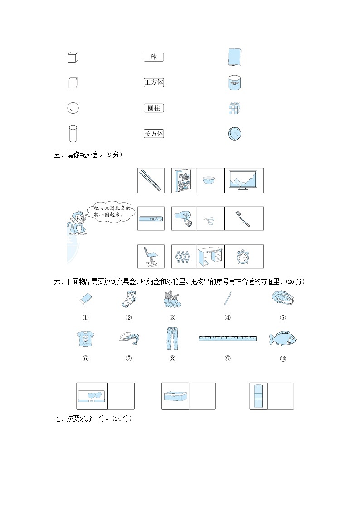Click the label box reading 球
pyautogui.click(x=154, y=57)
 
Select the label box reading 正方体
pyautogui.click(x=154, y=82)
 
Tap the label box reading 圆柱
pyautogui.click(x=154, y=108)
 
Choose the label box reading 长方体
pyautogui.click(x=154, y=134)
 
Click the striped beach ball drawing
pyautogui.click(x=234, y=134)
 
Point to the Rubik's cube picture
pyautogui.click(x=234, y=108)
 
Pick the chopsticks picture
pyautogui.click(x=151, y=180)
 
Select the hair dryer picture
pyautogui.click(x=184, y=218)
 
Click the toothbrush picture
pyautogui.click(x=244, y=218)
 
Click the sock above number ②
pyautogui.click(x=128, y=300)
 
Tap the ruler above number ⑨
pyautogui.click(x=228, y=338)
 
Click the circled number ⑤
pyautogui.click(x=283, y=318)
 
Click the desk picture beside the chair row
pyautogui.click(x=210, y=257)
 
